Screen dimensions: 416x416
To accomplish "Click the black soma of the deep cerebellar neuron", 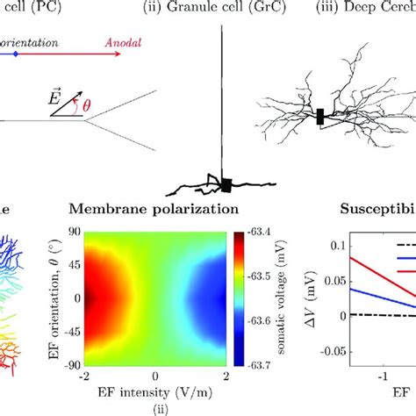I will pyautogui.click(x=320, y=117).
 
